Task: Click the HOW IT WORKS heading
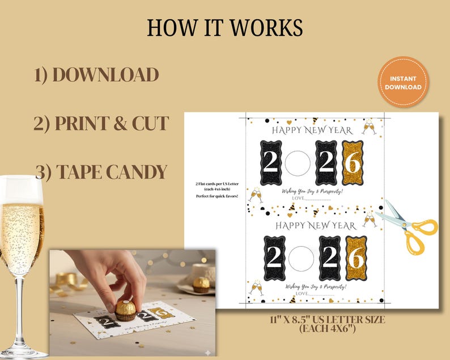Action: (x=224, y=27)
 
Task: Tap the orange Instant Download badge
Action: (x=403, y=82)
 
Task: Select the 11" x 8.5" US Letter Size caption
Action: (x=328, y=324)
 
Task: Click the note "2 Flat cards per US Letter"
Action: (x=214, y=185)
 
